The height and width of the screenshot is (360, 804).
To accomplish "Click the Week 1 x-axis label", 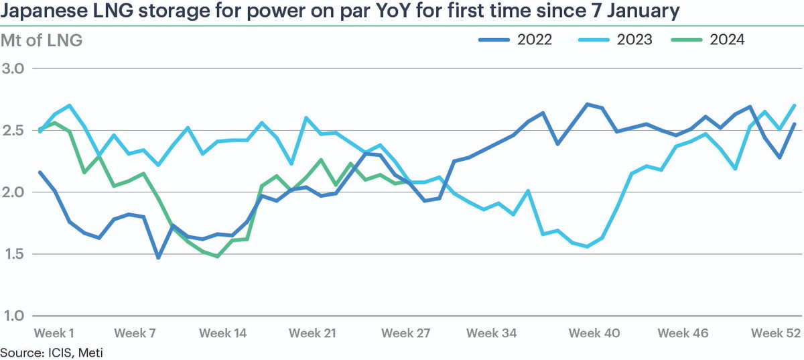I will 54,333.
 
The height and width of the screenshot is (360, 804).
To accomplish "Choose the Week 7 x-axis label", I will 137,333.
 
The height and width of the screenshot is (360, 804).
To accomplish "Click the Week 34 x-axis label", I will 491,333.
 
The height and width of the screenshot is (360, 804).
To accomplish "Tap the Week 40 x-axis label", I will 594,333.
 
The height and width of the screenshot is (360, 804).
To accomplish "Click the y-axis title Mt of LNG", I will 42,40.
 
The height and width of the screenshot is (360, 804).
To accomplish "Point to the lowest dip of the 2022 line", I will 158,257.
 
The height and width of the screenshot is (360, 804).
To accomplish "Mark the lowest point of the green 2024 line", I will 217,256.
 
